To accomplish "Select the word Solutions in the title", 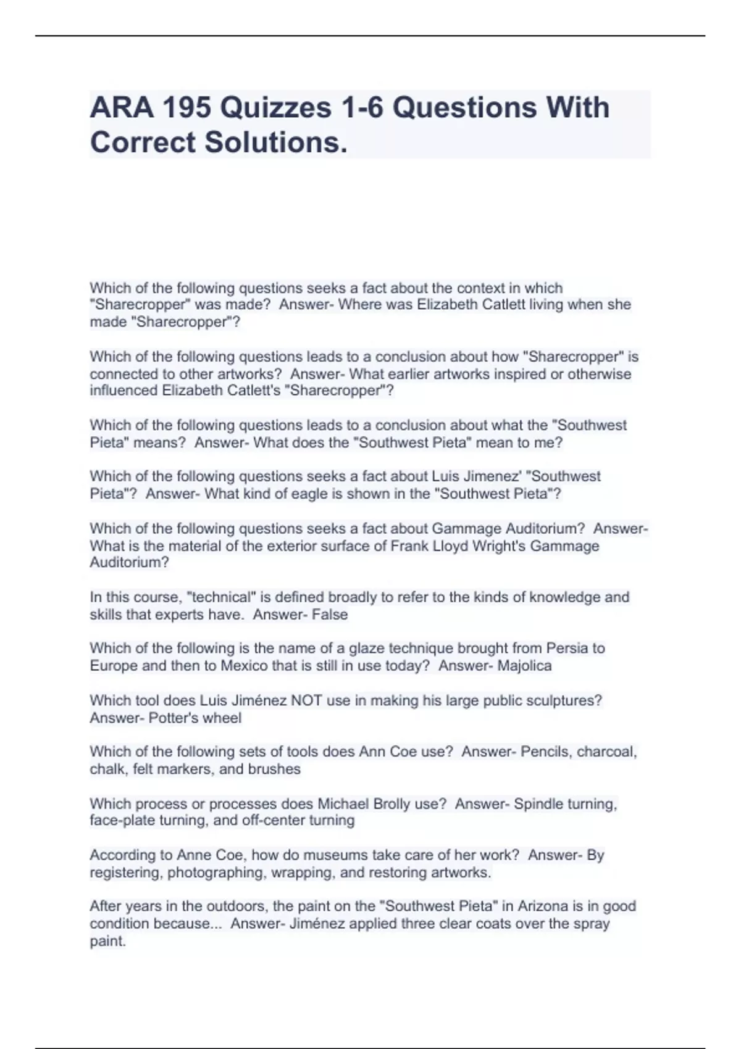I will pos(275,142).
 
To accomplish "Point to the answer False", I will pos(330,615).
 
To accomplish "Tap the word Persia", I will pos(568,649).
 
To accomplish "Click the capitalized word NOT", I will pos(309,701).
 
